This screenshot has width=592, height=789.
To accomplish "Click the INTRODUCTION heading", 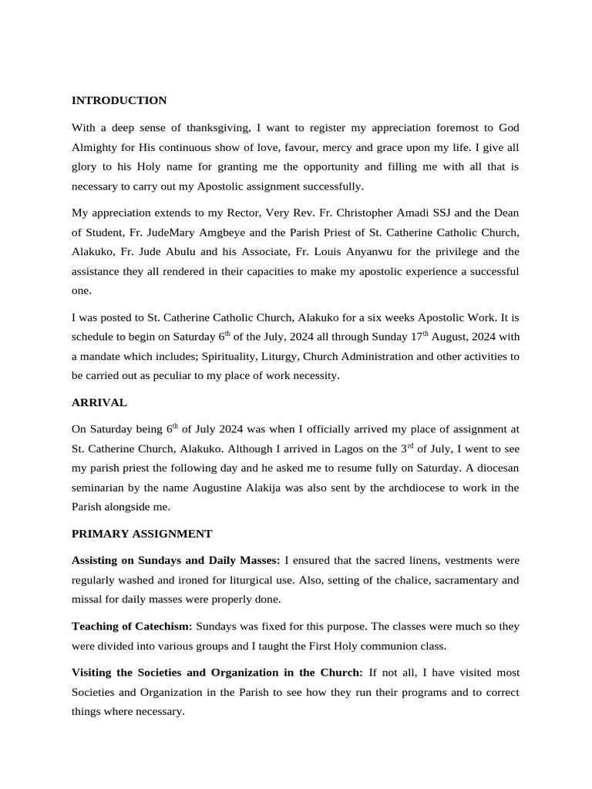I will tap(119, 101).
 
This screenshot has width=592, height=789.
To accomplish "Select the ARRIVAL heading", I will tap(99, 403).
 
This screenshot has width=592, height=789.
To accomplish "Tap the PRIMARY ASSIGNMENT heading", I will tap(141, 533).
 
